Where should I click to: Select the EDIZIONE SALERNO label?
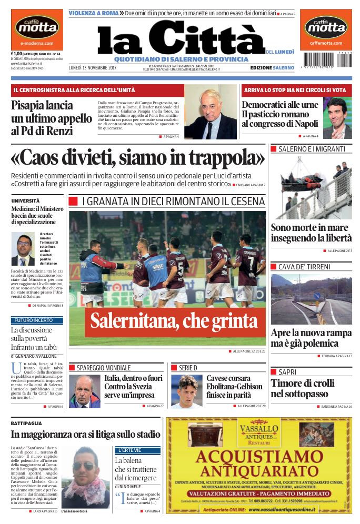coord(272,68)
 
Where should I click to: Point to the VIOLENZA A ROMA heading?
coord(93,12)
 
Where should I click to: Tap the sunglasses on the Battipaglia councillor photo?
coord(83,466)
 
